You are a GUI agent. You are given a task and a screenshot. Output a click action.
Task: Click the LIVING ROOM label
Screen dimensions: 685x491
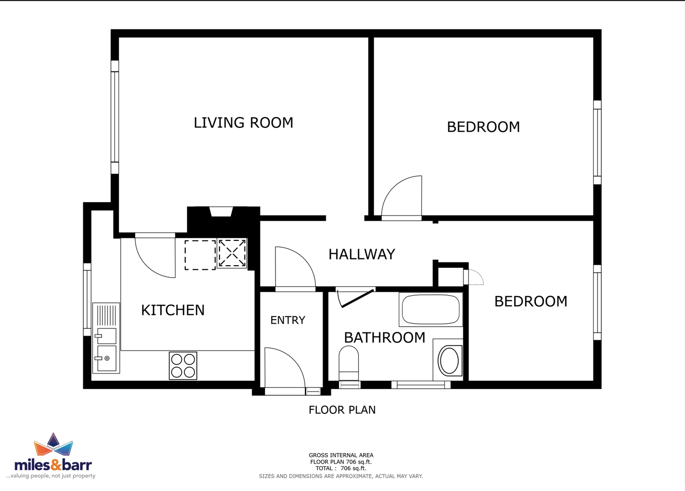(x=243, y=123)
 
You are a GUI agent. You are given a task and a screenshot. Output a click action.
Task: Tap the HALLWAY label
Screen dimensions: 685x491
(x=362, y=254)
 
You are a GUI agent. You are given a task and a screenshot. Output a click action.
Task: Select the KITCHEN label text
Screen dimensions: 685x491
(x=173, y=310)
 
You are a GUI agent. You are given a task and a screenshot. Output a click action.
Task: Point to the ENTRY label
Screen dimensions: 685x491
(x=288, y=320)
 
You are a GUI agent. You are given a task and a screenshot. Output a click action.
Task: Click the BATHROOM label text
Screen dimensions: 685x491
(x=385, y=338)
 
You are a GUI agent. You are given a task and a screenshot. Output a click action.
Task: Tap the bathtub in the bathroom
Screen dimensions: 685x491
(x=431, y=309)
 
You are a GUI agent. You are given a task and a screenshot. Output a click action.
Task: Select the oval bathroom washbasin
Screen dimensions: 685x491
(x=449, y=360)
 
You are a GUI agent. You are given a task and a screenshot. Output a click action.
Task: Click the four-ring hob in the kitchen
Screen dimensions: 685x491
(x=183, y=366)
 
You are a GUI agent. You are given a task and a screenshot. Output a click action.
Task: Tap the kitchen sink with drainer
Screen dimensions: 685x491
(x=106, y=338)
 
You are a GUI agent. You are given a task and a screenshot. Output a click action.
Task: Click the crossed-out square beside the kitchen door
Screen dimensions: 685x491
(x=232, y=253)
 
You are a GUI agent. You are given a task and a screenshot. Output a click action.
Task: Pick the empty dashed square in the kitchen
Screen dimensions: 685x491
(x=200, y=255)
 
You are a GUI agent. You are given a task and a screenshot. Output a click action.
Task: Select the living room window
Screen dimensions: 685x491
(x=114, y=117)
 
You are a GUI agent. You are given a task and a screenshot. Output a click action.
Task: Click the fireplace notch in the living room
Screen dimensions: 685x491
(x=222, y=212)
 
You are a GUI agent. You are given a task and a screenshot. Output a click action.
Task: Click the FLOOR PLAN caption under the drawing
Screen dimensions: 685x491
(x=342, y=410)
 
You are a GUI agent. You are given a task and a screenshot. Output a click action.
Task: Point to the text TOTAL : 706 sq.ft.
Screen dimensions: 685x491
(x=341, y=468)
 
